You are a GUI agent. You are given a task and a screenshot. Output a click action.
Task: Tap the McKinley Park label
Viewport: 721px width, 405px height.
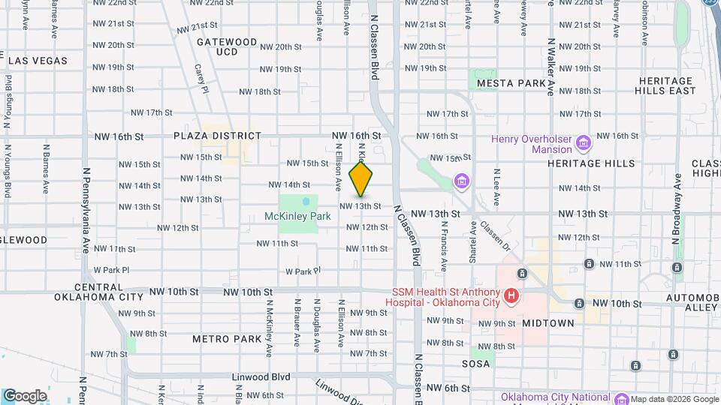coord(297,216)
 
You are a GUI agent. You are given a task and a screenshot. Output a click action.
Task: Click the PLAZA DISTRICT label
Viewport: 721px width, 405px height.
coord(207,136)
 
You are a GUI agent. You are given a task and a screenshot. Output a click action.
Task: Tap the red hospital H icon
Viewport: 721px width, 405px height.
coord(511,296)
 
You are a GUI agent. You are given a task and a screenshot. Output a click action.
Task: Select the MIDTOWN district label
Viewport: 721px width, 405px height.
coord(548,322)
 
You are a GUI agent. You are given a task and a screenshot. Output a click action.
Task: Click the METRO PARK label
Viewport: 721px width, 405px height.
coord(226,339)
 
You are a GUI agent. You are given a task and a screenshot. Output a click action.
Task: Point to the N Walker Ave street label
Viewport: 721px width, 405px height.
coord(551,67)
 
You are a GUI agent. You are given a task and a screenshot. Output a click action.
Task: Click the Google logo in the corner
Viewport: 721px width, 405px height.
coord(24,395)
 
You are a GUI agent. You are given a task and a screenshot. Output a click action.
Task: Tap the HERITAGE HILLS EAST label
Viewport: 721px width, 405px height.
coord(665,85)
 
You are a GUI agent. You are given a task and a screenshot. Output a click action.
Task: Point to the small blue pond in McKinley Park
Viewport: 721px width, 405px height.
coord(306,202)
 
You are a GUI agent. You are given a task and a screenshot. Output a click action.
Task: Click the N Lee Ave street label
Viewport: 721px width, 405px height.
coord(496,187)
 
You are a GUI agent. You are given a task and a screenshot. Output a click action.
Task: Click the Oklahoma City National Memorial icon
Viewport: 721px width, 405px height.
coord(620,399)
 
